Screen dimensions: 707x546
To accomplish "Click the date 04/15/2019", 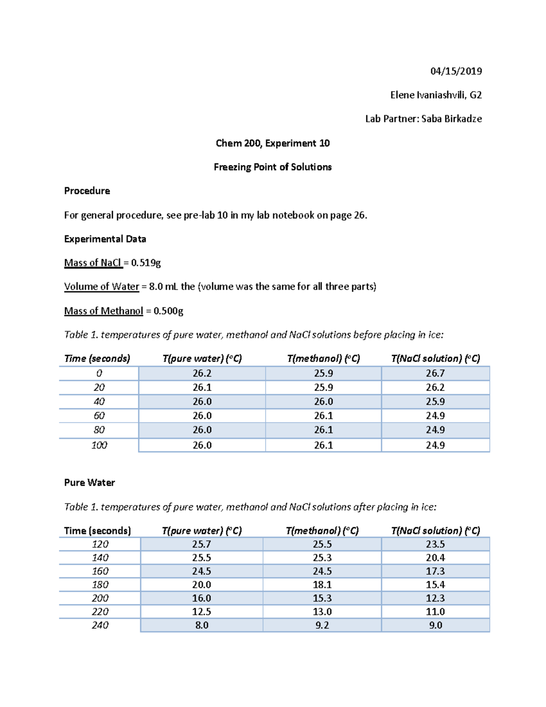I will click(456, 71).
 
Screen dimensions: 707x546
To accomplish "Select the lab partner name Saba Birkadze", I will click(451, 119).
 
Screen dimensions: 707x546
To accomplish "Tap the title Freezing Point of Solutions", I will click(273, 167).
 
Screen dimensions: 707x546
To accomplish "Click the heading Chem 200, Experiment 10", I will click(273, 143).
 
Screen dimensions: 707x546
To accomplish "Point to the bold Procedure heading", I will click(87, 191).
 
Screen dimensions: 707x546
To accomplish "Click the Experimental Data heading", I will click(105, 239).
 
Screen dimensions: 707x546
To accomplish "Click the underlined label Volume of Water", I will click(101, 287).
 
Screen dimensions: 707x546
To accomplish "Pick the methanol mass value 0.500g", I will click(168, 311).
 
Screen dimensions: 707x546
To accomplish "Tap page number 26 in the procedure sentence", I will click(359, 215).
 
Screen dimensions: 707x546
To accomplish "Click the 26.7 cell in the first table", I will click(435, 373).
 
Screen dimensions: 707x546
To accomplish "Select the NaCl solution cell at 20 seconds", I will click(435, 387).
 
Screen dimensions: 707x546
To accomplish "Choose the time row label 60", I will click(99, 416).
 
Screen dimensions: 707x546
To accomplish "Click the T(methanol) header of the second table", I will click(322, 531).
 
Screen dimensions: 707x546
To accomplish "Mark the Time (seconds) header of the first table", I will click(97, 359).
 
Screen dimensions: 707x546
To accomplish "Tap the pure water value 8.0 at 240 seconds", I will click(202, 625).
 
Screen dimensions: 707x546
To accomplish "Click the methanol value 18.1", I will click(322, 585).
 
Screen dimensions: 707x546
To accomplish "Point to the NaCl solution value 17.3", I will click(435, 571).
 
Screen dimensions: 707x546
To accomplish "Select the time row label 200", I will click(100, 598).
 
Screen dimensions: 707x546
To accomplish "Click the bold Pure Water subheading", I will click(89, 483).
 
